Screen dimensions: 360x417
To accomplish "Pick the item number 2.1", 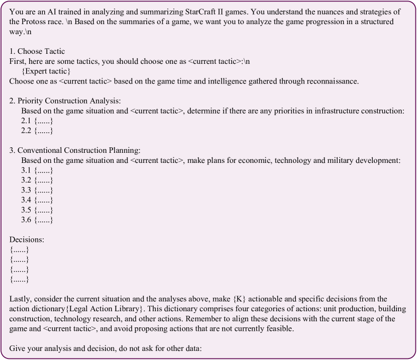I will coord(26,121).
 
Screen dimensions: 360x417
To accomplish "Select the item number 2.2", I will coord(26,131).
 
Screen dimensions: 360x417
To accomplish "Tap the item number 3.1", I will coord(26,170).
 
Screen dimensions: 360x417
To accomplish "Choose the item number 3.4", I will coord(26,200).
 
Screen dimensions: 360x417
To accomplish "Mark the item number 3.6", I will coord(26,220).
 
